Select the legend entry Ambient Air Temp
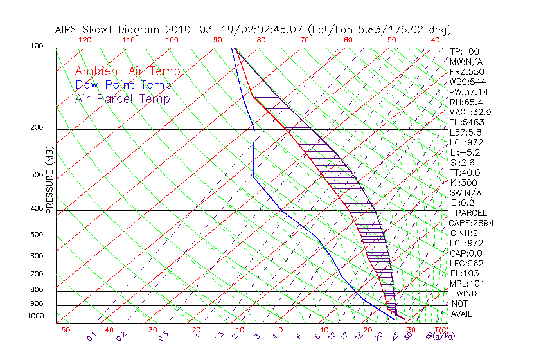[x=127, y=72]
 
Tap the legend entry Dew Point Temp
[x=123, y=85]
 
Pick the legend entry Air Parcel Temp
[x=123, y=99]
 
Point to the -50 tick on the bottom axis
[x=62, y=330]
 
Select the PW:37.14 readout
[x=468, y=92]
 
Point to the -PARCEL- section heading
[x=471, y=213]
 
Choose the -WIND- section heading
[x=466, y=293]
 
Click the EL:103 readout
[x=463, y=273]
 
